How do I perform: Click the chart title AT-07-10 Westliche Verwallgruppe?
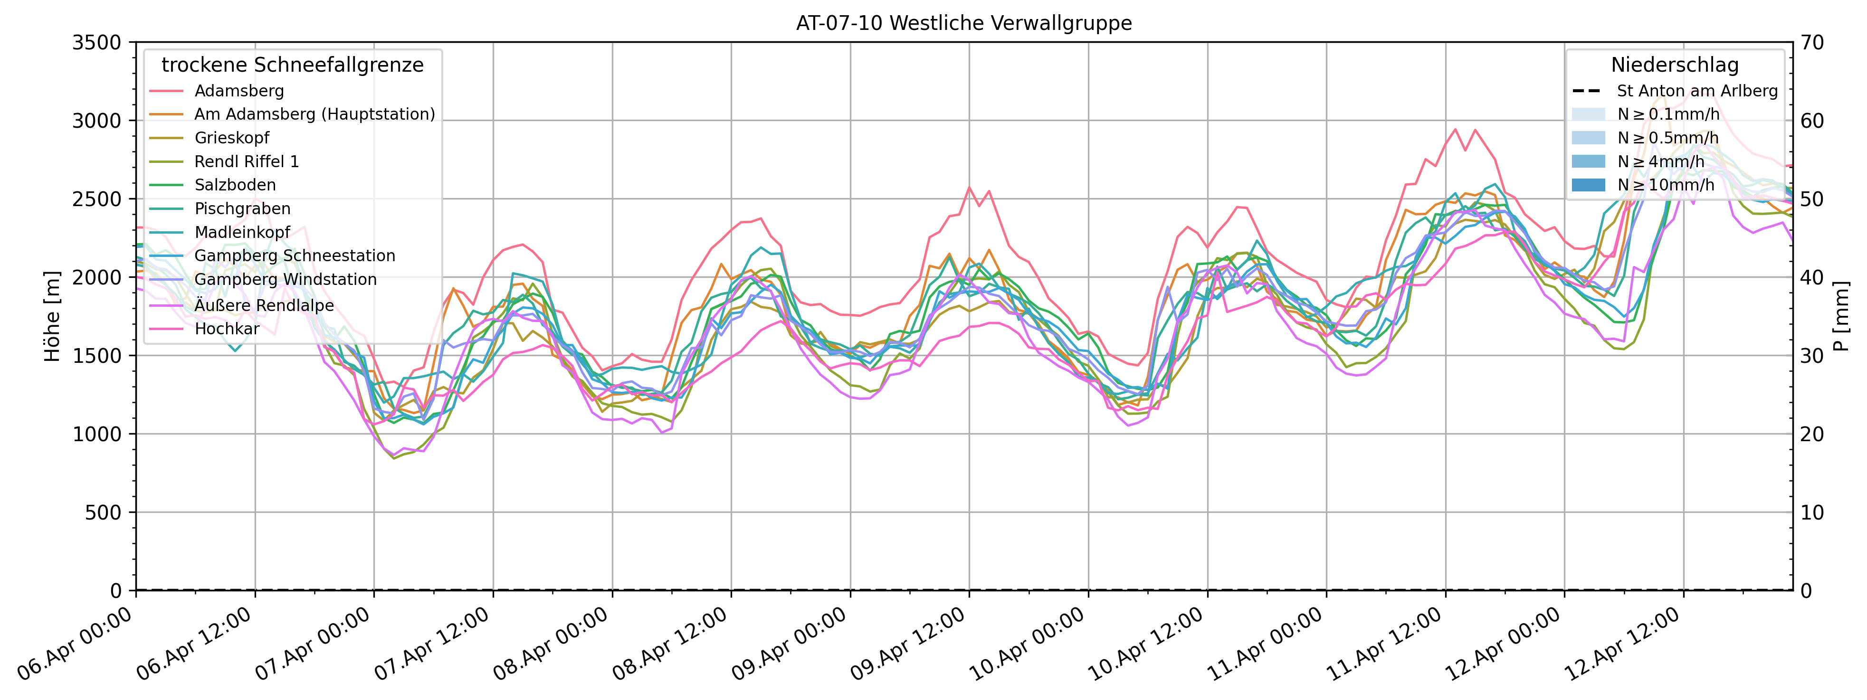click(x=963, y=23)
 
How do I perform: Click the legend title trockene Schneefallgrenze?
click(x=292, y=65)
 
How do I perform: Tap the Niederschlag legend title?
click(x=1674, y=65)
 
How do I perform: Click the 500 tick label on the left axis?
click(x=105, y=513)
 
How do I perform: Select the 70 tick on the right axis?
click(x=1812, y=43)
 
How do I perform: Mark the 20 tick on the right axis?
click(x=1812, y=434)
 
